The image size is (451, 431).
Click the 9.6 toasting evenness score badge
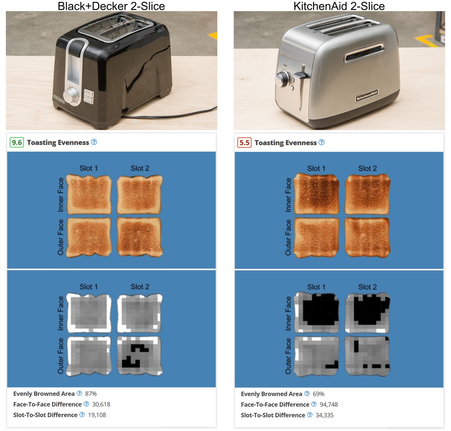(x=17, y=142)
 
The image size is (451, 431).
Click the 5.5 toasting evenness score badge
(x=244, y=142)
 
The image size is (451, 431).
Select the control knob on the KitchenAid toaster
(x=282, y=78)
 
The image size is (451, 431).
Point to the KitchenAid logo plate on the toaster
(x=366, y=96)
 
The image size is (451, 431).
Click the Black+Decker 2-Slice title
(x=111, y=6)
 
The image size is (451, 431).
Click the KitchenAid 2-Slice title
(x=339, y=6)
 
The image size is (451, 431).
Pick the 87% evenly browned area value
(x=91, y=394)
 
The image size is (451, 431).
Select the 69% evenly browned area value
(x=318, y=394)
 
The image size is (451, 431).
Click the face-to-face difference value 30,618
(x=101, y=404)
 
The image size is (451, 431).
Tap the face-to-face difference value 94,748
(x=329, y=404)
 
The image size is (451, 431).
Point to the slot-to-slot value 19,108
(x=97, y=415)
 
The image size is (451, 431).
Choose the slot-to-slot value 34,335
(x=324, y=415)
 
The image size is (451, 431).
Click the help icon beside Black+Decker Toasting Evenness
(x=94, y=142)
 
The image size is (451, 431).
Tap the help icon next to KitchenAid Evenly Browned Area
(x=307, y=394)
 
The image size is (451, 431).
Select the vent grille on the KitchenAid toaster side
(x=364, y=53)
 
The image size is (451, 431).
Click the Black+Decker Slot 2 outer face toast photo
(x=140, y=237)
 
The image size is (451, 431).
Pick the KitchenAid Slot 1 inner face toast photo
(x=317, y=194)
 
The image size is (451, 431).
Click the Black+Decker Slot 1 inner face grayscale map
(x=89, y=313)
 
